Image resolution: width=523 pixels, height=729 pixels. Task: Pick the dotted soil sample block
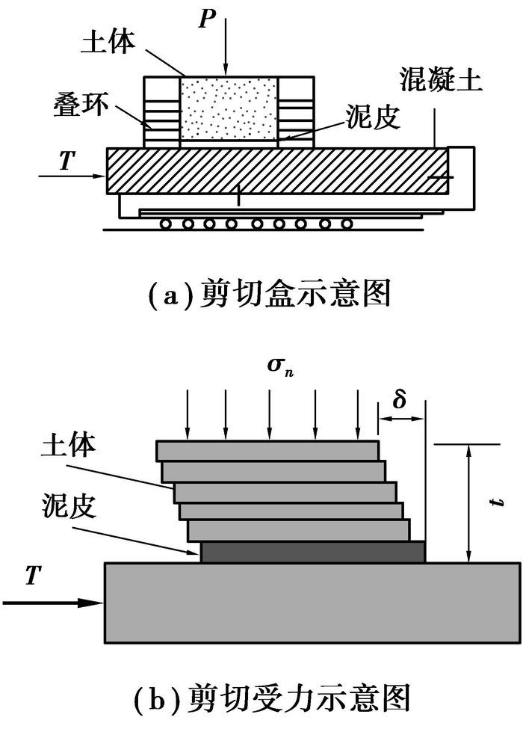pyautogui.click(x=229, y=111)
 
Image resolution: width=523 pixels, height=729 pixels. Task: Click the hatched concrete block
pyautogui.click(x=276, y=170)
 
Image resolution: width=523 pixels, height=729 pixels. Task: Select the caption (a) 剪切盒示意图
pyautogui.click(x=268, y=295)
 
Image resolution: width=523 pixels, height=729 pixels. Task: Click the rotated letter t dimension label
pyautogui.click(x=497, y=503)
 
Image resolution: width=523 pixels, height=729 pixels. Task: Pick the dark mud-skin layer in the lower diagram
pyautogui.click(x=313, y=553)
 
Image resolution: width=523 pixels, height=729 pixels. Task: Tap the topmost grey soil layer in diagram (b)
pyautogui.click(x=267, y=450)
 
